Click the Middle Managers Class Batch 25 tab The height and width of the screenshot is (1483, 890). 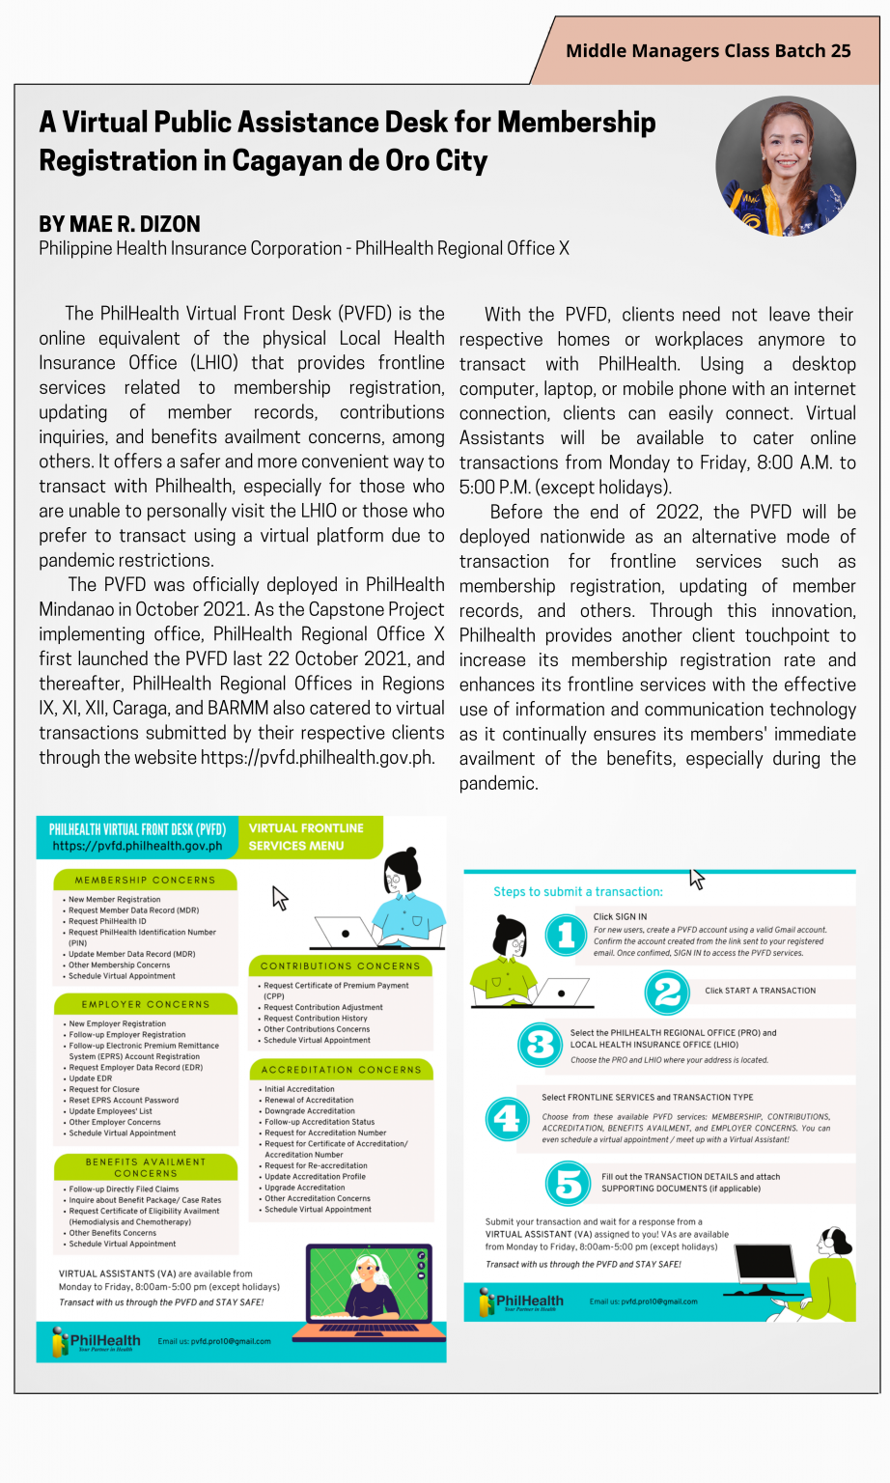(x=708, y=51)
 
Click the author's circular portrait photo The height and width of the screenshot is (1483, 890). (x=785, y=166)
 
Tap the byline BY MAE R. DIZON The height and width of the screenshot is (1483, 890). (x=120, y=224)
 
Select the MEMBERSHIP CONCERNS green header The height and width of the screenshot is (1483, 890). (x=145, y=880)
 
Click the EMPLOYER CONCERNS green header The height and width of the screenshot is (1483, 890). (x=145, y=1004)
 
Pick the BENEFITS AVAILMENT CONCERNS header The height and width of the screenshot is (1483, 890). (x=145, y=1167)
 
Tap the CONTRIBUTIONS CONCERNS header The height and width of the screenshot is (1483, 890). (x=340, y=965)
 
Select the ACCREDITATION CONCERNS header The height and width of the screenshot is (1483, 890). (x=340, y=1070)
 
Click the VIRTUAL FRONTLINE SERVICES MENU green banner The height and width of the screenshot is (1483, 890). (x=307, y=837)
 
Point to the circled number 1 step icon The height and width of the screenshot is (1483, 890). (x=567, y=935)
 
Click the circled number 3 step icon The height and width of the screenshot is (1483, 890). (x=541, y=1045)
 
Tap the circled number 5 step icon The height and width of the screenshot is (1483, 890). (x=569, y=1183)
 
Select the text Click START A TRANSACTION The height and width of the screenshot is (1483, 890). (x=760, y=991)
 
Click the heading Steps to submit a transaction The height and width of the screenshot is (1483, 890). (x=577, y=891)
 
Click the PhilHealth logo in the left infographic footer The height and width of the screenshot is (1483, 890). (x=97, y=1341)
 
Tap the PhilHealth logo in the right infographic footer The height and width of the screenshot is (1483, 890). (x=521, y=1301)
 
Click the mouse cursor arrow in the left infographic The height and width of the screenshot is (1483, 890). (x=280, y=898)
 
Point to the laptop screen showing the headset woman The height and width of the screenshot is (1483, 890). (x=369, y=1284)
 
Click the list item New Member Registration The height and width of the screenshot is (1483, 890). (x=114, y=899)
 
